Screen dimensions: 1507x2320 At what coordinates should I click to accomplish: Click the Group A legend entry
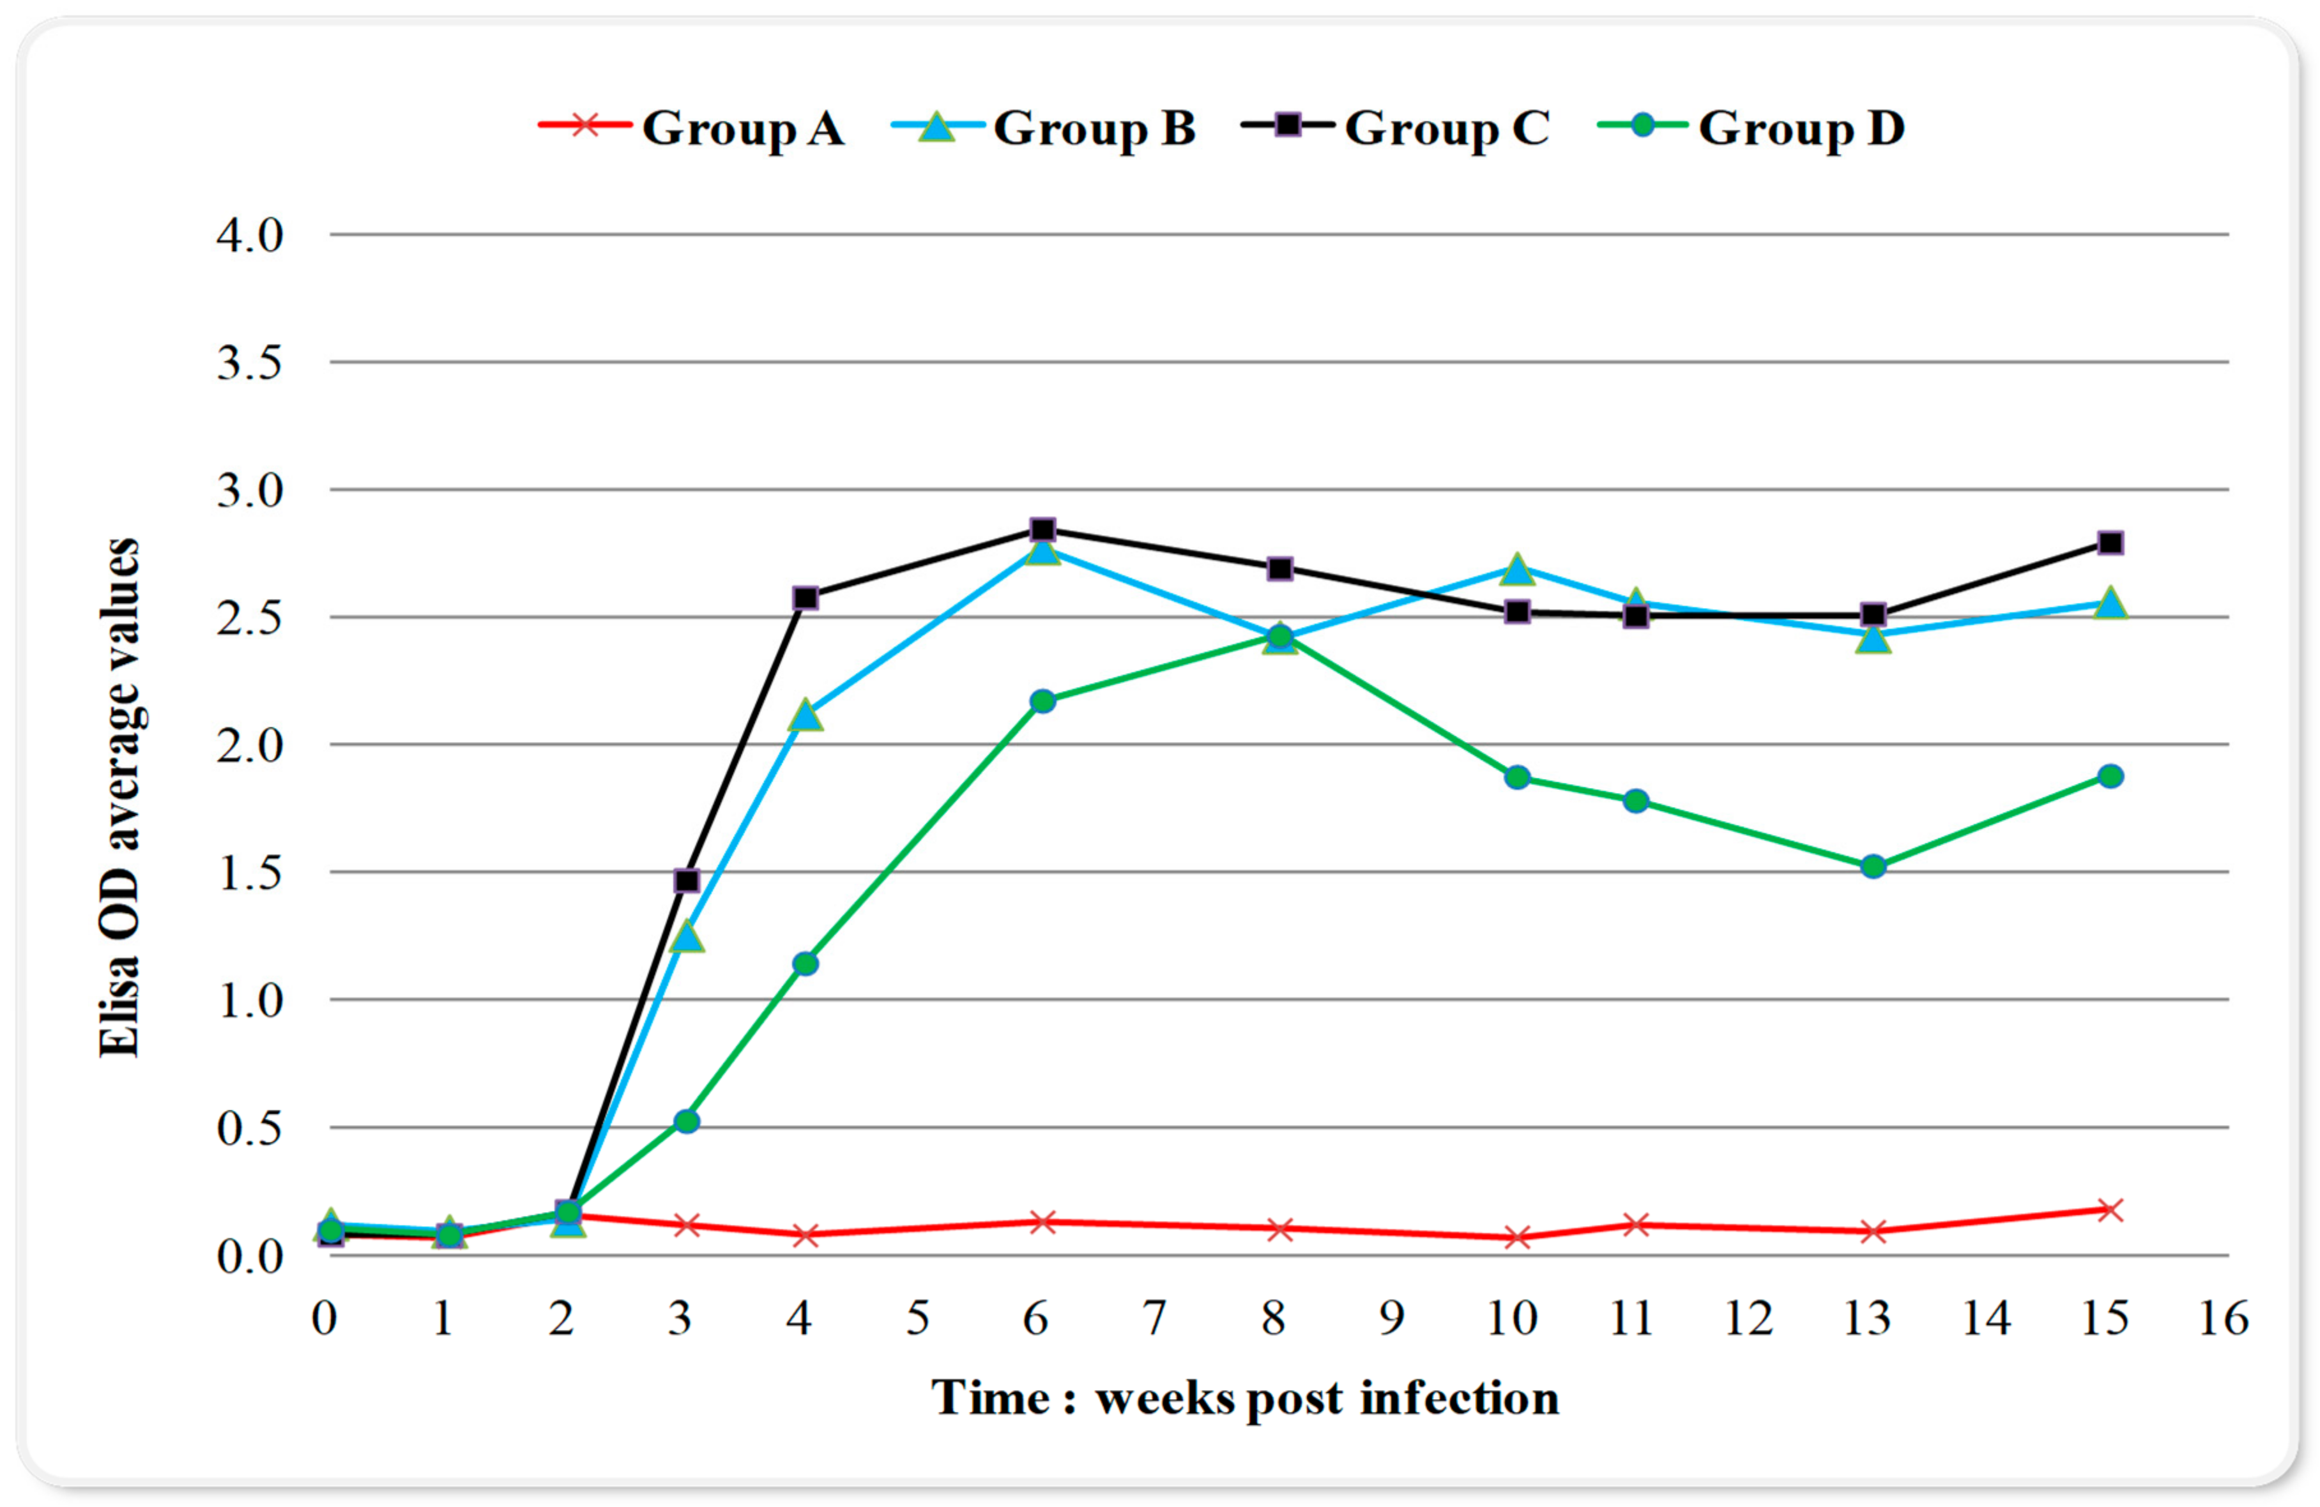point(692,128)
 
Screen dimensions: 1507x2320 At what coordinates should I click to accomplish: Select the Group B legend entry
point(1043,128)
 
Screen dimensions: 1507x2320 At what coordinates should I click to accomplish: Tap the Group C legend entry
point(1396,128)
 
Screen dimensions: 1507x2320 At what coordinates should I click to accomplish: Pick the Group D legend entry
point(1751,128)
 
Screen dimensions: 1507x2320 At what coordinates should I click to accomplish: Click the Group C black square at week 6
point(1042,530)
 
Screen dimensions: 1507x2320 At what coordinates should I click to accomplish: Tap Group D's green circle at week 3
point(686,1121)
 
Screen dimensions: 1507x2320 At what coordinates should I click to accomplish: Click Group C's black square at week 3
point(686,880)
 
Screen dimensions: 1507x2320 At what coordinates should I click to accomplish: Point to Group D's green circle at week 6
point(1042,701)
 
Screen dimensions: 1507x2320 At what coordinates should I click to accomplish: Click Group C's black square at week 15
point(2109,543)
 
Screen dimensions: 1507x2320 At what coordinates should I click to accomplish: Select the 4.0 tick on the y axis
point(250,235)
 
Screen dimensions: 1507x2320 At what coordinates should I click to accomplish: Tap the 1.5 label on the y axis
point(250,872)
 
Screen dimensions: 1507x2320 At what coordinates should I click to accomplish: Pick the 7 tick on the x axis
point(1154,1319)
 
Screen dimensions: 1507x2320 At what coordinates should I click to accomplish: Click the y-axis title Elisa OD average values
point(121,798)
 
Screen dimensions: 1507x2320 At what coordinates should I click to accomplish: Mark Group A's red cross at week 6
point(1042,1222)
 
